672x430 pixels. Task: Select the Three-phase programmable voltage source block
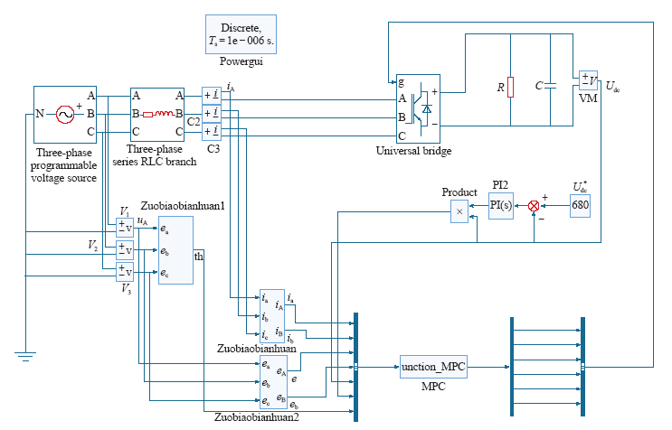(x=64, y=114)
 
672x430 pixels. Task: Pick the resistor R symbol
(x=511, y=87)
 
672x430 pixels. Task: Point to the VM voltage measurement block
(x=588, y=87)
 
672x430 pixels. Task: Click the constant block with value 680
(x=581, y=206)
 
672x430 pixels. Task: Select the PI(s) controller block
(x=501, y=206)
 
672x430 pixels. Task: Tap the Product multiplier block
(x=459, y=210)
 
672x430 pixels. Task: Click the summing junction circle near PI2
(x=533, y=206)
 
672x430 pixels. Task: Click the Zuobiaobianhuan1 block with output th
(x=175, y=250)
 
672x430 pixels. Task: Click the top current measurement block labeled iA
(x=212, y=95)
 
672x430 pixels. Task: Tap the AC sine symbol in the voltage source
(x=64, y=114)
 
